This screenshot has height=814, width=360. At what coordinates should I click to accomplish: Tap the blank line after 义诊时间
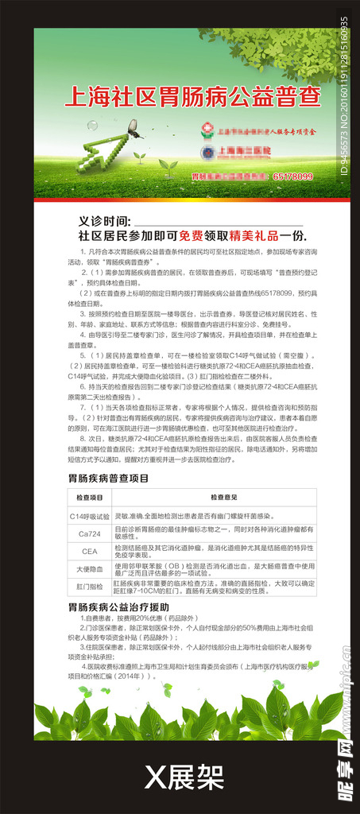(x=215, y=223)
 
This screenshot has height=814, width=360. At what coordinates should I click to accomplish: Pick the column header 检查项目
(x=89, y=497)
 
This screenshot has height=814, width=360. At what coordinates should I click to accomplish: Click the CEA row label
(x=89, y=551)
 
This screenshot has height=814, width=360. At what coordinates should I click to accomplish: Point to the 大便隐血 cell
(x=89, y=569)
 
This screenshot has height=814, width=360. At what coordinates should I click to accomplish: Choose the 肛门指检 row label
(x=89, y=587)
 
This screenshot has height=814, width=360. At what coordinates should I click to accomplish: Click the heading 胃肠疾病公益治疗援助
(x=118, y=607)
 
